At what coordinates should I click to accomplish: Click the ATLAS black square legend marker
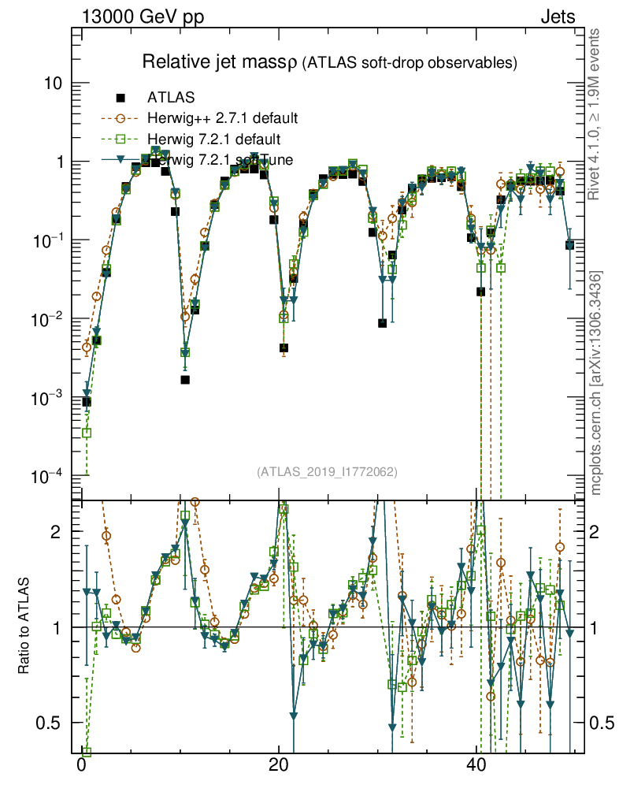120,99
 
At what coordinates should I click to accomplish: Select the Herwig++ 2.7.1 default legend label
222,119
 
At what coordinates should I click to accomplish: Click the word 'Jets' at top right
558,17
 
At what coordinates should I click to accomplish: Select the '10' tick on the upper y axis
54,84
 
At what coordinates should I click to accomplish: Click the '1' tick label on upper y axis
58,162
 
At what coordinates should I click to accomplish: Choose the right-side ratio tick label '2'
596,531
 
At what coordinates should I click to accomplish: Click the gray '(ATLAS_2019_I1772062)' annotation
327,472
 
